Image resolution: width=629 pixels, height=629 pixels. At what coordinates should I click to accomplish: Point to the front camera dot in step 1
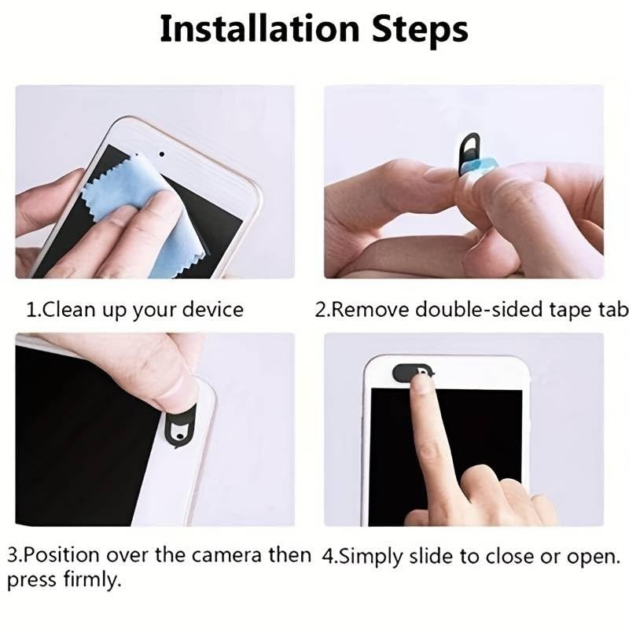pos(160,154)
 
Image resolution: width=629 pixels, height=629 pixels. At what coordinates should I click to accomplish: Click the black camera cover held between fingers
pos(469,151)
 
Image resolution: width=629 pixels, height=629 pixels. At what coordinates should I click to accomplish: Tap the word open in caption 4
pos(589,557)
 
